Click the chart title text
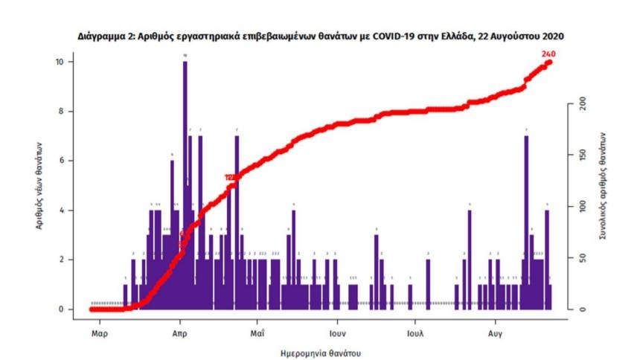point(321,35)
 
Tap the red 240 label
point(550,54)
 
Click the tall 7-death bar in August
point(526,223)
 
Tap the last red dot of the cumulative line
point(549,62)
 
